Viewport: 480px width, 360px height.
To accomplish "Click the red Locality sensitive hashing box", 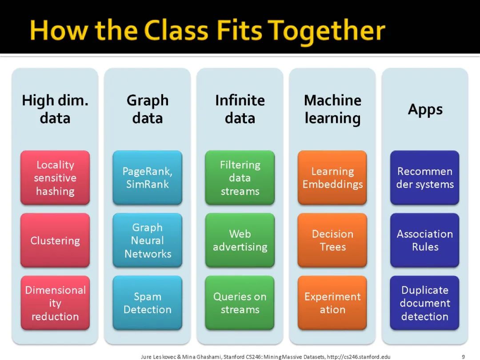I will [x=55, y=178].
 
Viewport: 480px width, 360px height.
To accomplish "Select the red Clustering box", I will [x=55, y=240].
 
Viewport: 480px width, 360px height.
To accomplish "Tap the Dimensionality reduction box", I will [x=55, y=303].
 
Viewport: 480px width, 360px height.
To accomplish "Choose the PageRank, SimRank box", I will [x=148, y=178].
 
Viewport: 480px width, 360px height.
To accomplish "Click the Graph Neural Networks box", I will [x=148, y=240].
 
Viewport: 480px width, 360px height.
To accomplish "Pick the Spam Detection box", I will [x=148, y=303].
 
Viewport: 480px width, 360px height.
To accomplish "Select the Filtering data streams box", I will [x=240, y=178].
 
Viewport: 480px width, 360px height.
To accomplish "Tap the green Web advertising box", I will [x=240, y=240].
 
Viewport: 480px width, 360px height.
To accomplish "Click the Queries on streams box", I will [x=240, y=303].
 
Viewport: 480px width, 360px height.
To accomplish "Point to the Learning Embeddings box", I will [x=332, y=178].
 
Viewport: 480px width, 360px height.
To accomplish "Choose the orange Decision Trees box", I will [x=332, y=240].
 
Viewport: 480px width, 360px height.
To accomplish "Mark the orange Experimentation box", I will [x=332, y=303].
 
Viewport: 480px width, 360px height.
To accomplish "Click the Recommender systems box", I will [x=425, y=178].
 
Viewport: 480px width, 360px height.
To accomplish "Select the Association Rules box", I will [x=425, y=240].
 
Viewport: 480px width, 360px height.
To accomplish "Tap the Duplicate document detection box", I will [x=425, y=303].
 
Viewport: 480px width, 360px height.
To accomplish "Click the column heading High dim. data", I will [x=55, y=109].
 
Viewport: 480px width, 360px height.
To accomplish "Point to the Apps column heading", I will [x=425, y=109].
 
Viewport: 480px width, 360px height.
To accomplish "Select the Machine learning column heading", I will [x=332, y=109].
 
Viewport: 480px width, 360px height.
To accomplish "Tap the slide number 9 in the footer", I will [x=463, y=356].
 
